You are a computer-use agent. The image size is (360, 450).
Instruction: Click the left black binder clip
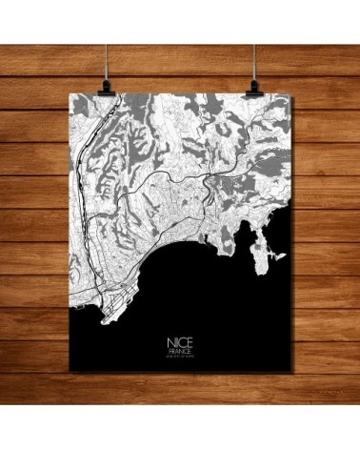(x=105, y=87)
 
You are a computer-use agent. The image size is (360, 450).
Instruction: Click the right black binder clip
(x=254, y=87)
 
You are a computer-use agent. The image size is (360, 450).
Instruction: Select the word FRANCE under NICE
(x=178, y=350)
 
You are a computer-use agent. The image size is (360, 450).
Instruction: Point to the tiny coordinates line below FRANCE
(x=178, y=357)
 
